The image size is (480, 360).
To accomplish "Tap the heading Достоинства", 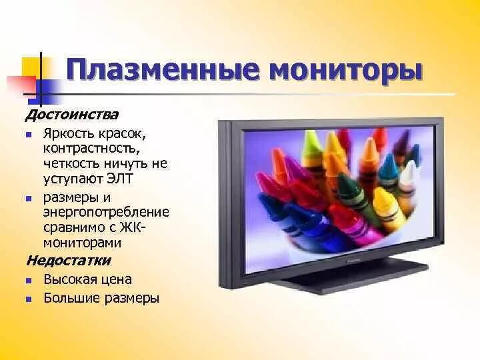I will pyautogui.click(x=72, y=115).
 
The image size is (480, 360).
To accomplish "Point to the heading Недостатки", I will pyautogui.click(x=69, y=261).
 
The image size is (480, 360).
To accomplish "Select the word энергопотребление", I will pyautogui.click(x=106, y=213).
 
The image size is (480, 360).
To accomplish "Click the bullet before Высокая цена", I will pyautogui.click(x=29, y=281).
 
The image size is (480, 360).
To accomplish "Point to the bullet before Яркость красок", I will pyautogui.click(x=29, y=135).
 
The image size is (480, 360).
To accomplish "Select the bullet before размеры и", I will pyautogui.click(x=29, y=199).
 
